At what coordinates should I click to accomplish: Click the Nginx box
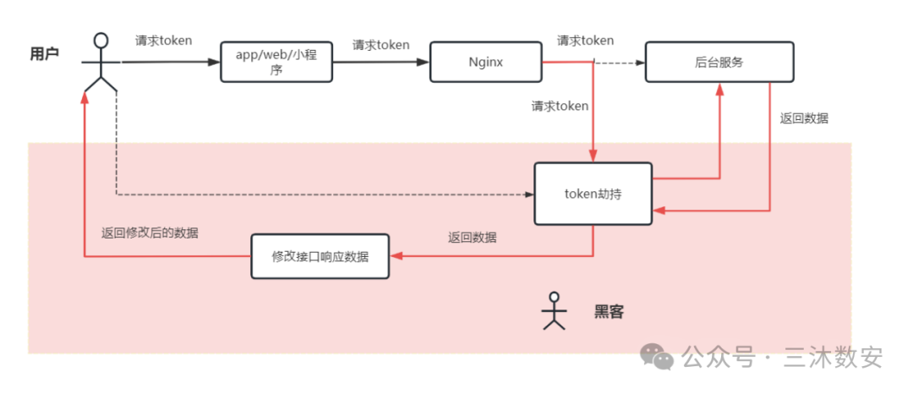[x=485, y=62]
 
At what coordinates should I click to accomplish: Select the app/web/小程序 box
[x=276, y=62]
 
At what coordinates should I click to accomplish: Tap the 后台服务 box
[x=719, y=62]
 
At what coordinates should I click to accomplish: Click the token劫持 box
[x=593, y=194]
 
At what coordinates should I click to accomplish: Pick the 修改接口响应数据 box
[x=320, y=256]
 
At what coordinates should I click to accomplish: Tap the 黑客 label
[x=609, y=311]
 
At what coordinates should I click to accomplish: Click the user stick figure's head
[x=101, y=40]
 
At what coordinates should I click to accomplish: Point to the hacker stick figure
[x=554, y=310]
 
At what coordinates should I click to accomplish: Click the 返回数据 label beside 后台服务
[x=804, y=118]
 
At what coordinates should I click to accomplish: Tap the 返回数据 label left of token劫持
[x=473, y=238]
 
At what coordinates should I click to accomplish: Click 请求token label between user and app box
[x=163, y=40]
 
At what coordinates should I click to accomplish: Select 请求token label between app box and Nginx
[x=380, y=45]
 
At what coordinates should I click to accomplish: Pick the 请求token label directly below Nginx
[x=560, y=107]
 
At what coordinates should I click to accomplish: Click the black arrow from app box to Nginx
[x=380, y=62]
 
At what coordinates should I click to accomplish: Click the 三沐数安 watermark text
[x=832, y=357]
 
